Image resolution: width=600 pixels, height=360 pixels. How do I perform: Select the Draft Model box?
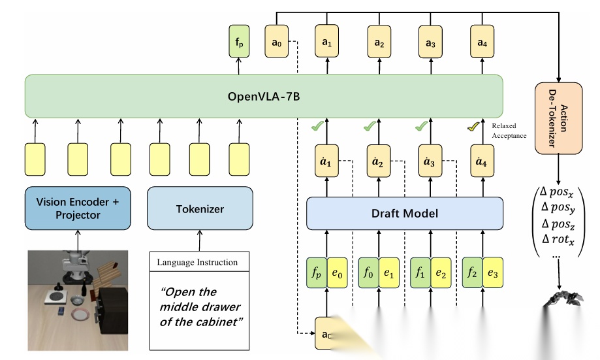point(405,213)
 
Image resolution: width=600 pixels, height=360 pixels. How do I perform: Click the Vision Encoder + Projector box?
point(77,209)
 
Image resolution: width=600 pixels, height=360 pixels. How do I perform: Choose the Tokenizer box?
point(200,209)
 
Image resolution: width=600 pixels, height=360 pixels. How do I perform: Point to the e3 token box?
point(492,272)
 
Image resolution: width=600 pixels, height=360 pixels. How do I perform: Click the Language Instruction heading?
point(197,263)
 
